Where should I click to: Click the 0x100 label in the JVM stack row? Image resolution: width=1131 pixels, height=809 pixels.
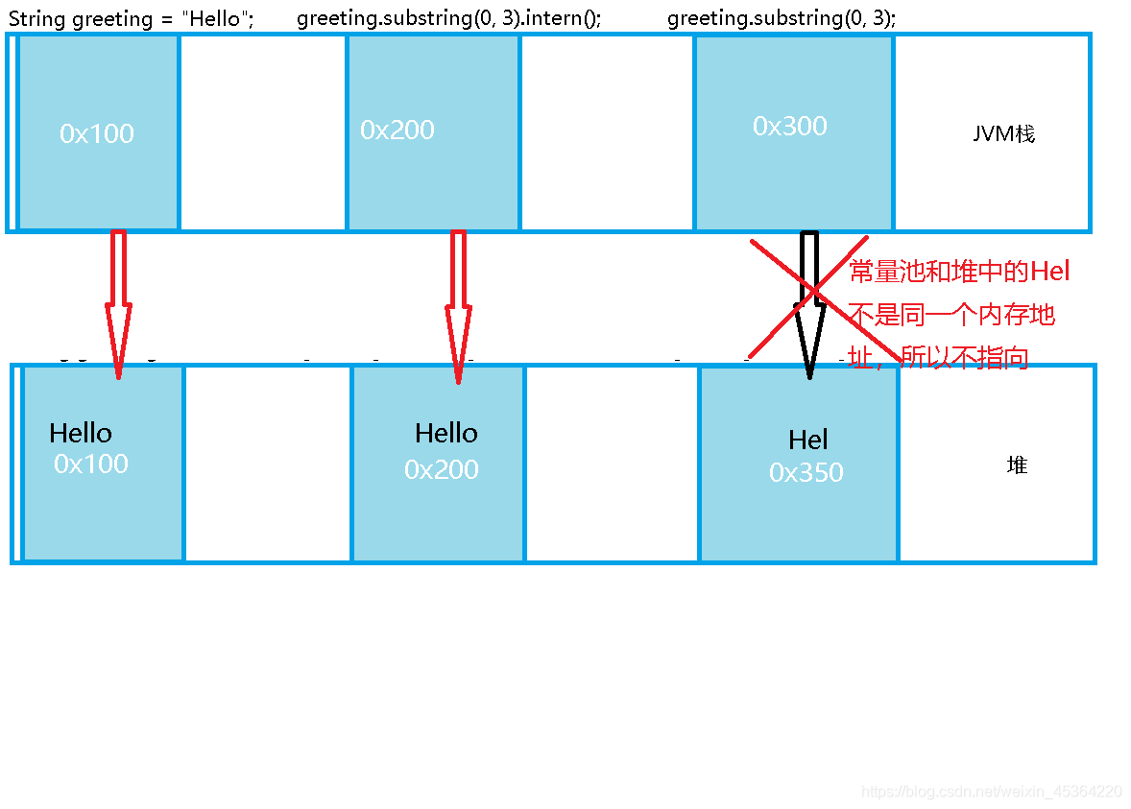pyautogui.click(x=97, y=133)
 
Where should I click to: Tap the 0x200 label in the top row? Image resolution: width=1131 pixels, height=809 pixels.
pyautogui.click(x=397, y=130)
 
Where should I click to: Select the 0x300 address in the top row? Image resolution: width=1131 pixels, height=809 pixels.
pyautogui.click(x=790, y=126)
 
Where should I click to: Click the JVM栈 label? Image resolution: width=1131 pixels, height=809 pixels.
pyautogui.click(x=1003, y=133)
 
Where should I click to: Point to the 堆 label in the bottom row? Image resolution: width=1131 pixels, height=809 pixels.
pyautogui.click(x=1017, y=465)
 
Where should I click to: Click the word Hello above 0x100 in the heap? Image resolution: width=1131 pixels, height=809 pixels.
pyautogui.click(x=81, y=433)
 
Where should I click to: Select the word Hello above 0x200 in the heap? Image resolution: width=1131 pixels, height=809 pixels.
pyautogui.click(x=446, y=433)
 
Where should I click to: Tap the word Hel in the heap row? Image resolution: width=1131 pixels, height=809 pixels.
pyautogui.click(x=807, y=440)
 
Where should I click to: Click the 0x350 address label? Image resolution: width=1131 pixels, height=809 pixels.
pyautogui.click(x=806, y=472)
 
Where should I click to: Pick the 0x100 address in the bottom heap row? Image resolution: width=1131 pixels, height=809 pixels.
pyautogui.click(x=91, y=464)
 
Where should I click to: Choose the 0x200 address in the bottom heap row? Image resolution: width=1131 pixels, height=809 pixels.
pyautogui.click(x=442, y=469)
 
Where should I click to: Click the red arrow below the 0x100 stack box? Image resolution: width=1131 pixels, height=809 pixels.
pyautogui.click(x=118, y=304)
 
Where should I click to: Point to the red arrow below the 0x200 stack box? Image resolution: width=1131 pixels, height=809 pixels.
pyautogui.click(x=458, y=307)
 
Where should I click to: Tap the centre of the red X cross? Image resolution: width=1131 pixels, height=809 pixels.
pyautogui.click(x=814, y=291)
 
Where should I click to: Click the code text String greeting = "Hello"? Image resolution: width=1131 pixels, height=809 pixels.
pyautogui.click(x=132, y=19)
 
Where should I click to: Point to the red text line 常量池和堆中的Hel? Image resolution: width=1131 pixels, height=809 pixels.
pyautogui.click(x=959, y=272)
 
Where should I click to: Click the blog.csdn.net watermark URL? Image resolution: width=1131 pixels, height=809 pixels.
pyautogui.click(x=992, y=792)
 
